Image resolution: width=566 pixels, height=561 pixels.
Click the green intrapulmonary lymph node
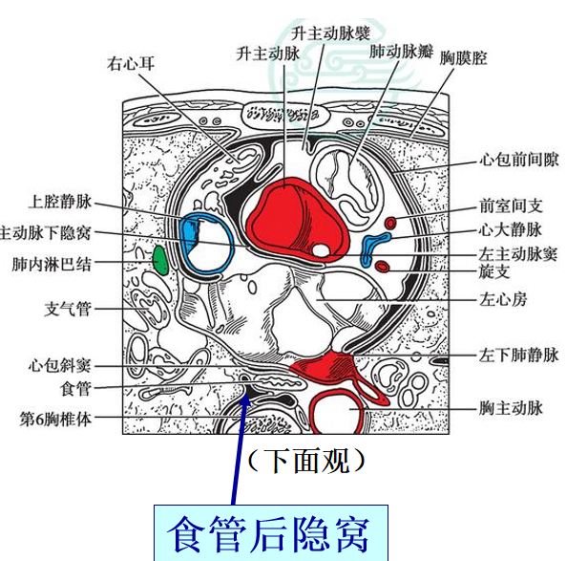(160, 260)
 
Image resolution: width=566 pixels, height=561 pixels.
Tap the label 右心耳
(131, 64)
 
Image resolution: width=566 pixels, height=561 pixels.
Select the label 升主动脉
(268, 54)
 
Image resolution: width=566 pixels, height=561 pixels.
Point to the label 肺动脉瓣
(401, 52)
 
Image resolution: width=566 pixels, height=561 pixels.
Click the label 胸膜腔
(463, 58)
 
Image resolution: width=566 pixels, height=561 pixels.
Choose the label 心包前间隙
(518, 160)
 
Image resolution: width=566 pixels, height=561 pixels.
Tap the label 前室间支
(511, 206)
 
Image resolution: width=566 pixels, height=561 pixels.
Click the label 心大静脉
(511, 230)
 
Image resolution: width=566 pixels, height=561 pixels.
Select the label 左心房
(503, 300)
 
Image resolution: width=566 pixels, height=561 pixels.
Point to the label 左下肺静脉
(518, 355)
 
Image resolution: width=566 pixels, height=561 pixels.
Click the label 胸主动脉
(511, 408)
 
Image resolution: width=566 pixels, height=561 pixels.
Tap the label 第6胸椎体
(55, 420)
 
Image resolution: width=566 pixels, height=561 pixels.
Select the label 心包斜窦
(59, 365)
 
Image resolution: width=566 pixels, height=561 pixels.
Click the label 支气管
(68, 310)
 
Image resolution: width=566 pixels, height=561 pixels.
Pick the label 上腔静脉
(59, 202)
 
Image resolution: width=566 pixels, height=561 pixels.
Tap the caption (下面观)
(306, 461)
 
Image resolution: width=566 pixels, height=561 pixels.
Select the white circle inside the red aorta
(321, 250)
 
